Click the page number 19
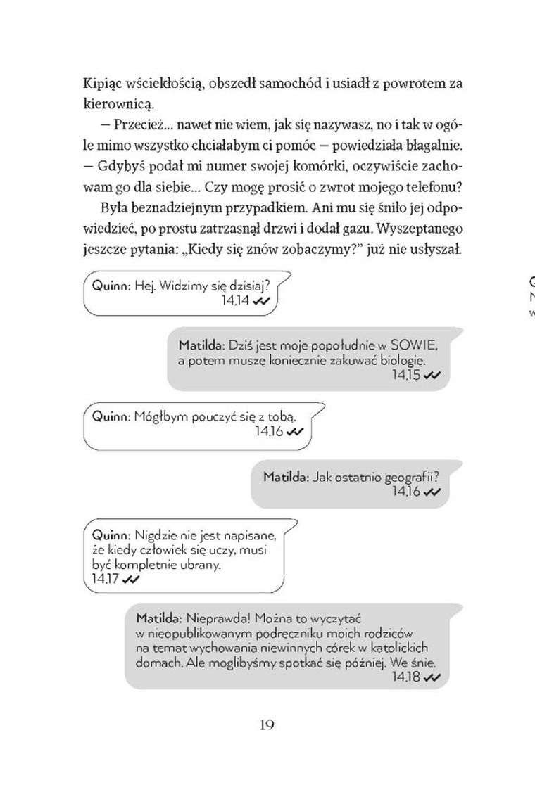coord(266,725)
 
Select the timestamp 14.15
coord(406,375)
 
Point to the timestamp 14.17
coord(106,579)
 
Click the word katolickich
coord(415,648)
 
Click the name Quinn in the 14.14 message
coord(108,286)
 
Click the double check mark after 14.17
coord(132,580)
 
